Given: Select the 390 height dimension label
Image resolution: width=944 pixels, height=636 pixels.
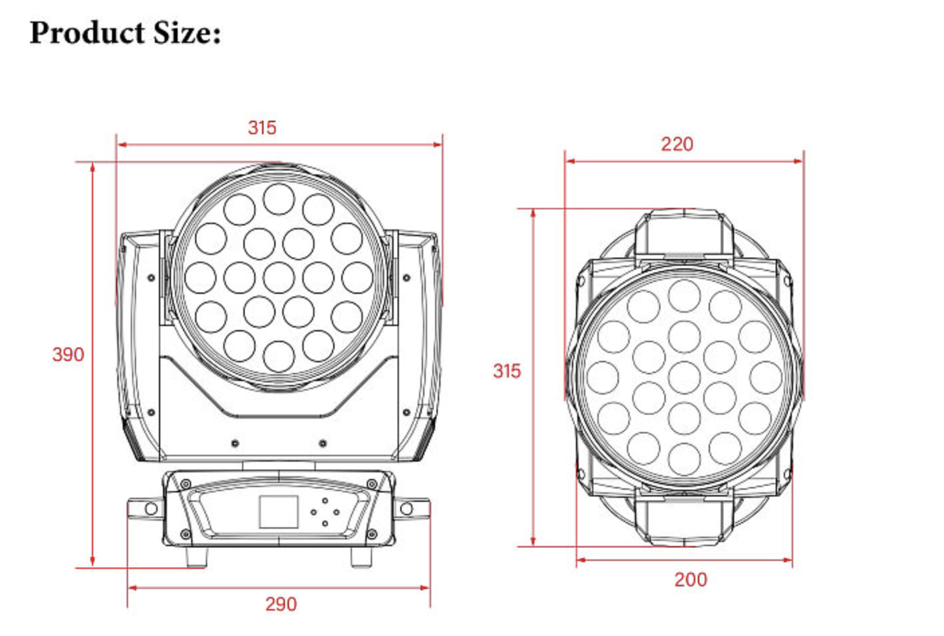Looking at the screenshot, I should click(68, 354).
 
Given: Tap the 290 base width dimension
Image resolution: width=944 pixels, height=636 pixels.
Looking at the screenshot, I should click(280, 604).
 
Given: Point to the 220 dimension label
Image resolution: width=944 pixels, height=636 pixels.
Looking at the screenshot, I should click(676, 144).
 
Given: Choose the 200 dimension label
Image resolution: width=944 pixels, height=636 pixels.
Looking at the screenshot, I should click(690, 580).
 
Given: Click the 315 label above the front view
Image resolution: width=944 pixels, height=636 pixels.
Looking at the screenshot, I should click(261, 127).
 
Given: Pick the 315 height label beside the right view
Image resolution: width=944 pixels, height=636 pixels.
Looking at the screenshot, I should click(506, 371).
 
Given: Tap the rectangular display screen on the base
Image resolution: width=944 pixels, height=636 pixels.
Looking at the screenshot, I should click(278, 512).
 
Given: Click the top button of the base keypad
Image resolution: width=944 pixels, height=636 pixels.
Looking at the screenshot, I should click(325, 500).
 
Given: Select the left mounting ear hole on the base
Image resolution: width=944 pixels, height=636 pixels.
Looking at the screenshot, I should click(151, 509).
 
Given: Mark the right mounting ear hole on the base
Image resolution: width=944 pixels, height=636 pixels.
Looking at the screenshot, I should click(406, 509).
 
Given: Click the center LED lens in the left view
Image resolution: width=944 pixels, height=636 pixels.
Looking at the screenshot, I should click(278, 278).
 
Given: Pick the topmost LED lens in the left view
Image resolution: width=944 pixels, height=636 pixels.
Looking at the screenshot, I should click(278, 199).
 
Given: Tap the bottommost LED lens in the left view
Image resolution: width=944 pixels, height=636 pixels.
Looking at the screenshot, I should click(278, 356).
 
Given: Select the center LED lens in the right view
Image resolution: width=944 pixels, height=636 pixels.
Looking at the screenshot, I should click(684, 377).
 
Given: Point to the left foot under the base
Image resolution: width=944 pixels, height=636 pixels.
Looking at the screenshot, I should click(196, 558).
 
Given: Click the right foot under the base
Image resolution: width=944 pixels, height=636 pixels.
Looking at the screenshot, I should click(361, 558).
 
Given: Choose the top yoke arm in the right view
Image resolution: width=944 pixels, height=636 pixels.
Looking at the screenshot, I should click(684, 231).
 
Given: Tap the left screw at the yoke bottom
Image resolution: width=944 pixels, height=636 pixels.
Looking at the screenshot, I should click(235, 443).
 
